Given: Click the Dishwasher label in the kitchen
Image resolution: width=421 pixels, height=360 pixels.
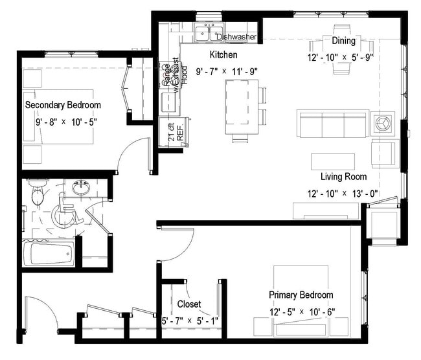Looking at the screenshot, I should point(238,36).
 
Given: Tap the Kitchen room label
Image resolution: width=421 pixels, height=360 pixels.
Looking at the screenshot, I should point(223,56).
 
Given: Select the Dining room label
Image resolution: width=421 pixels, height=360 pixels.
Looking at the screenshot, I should point(343,41).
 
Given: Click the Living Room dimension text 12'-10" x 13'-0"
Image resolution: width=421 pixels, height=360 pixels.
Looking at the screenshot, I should point(343,193).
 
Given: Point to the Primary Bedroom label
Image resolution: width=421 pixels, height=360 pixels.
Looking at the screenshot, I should point(301,295).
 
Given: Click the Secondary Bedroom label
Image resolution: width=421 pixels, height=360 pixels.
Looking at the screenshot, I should point(63,105).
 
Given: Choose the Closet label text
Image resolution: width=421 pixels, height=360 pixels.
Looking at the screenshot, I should point(188,304).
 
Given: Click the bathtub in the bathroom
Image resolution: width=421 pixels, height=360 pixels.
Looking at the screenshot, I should point(51,253).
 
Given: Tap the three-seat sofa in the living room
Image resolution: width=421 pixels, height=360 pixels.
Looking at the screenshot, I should point(332,123).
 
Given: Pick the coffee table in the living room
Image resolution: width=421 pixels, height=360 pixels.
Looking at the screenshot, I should point(333,161).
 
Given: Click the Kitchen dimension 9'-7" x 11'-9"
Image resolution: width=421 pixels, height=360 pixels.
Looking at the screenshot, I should point(227,71).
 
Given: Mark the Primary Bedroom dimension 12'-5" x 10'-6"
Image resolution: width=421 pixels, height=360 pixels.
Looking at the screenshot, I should point(301,311).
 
